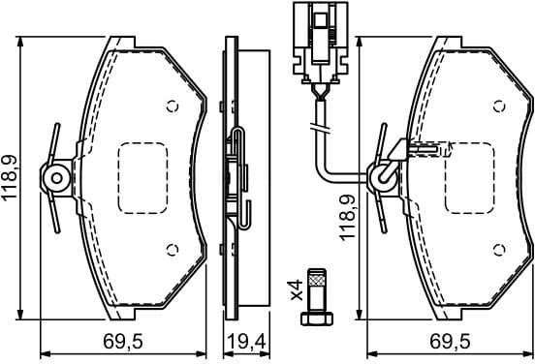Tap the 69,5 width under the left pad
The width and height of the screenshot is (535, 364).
(x=122, y=343)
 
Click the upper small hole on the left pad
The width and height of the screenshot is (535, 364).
(x=173, y=106)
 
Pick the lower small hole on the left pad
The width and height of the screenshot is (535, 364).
(x=173, y=249)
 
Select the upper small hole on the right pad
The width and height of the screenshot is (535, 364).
(x=501, y=106)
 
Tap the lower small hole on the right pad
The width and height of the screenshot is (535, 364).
(x=501, y=249)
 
